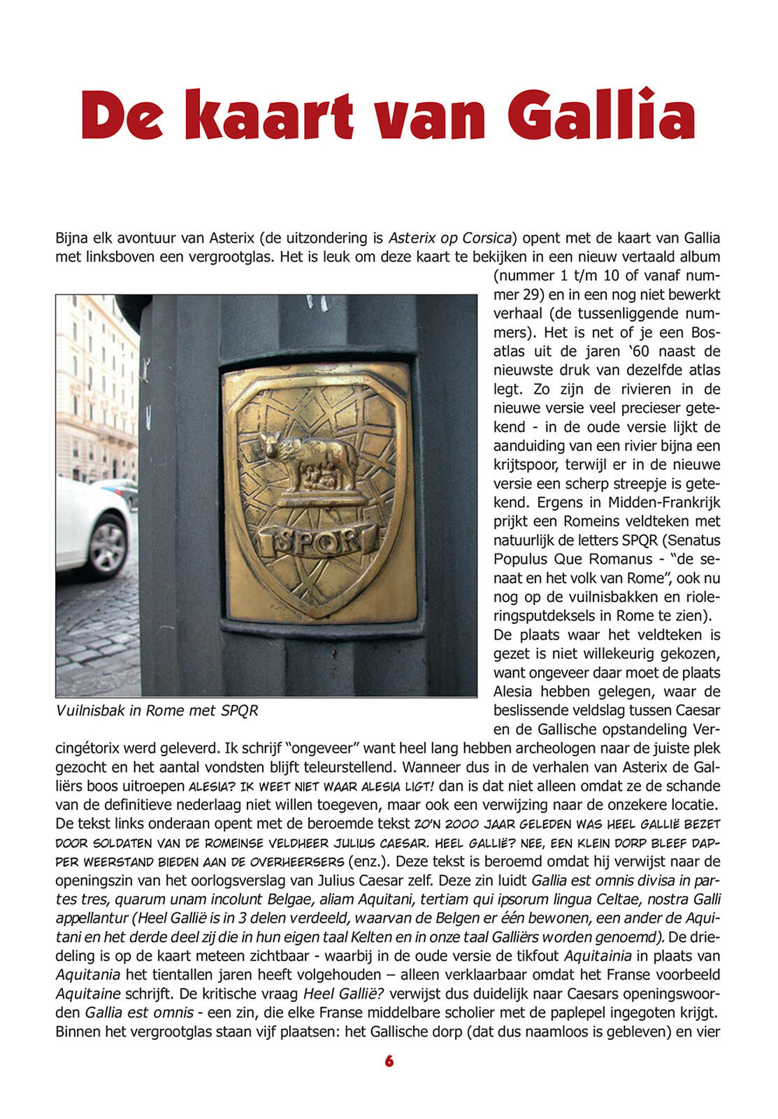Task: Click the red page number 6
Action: (x=389, y=1061)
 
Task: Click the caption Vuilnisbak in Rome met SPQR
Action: (x=157, y=711)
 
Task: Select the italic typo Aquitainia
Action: (x=598, y=955)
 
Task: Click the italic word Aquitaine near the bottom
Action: (x=88, y=993)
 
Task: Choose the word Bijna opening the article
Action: (x=71, y=238)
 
